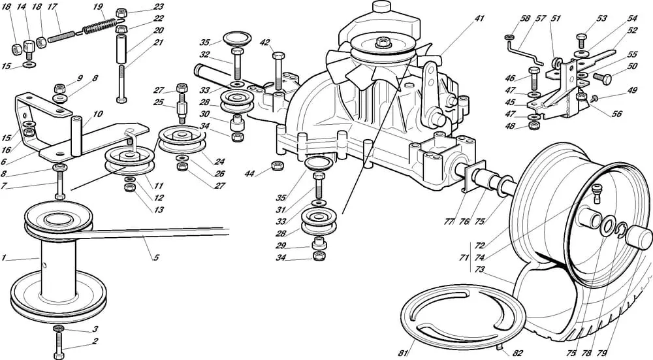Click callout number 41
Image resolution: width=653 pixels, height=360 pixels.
tap(479, 18)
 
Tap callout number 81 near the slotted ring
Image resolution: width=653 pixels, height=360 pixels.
tap(402, 353)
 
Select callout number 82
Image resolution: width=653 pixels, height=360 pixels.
tap(517, 353)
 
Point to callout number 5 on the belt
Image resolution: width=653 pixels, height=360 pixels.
tap(156, 257)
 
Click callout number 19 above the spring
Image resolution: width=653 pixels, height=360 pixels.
tap(97, 7)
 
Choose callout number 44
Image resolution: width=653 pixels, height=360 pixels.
tap(249, 174)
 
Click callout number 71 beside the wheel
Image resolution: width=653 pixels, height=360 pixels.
tap(464, 257)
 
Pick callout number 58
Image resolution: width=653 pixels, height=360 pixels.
tap(526, 18)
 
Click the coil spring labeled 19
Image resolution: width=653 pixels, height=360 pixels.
tap(100, 26)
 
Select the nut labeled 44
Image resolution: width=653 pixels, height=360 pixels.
tap(278, 165)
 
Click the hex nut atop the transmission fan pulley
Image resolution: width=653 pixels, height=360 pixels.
tap(383, 42)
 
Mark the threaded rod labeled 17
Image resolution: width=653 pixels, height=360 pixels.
tap(61, 37)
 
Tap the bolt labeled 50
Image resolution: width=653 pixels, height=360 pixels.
tap(602, 78)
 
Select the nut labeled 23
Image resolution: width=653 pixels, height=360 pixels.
tap(121, 12)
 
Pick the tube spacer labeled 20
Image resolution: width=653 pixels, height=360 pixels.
tap(121, 49)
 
